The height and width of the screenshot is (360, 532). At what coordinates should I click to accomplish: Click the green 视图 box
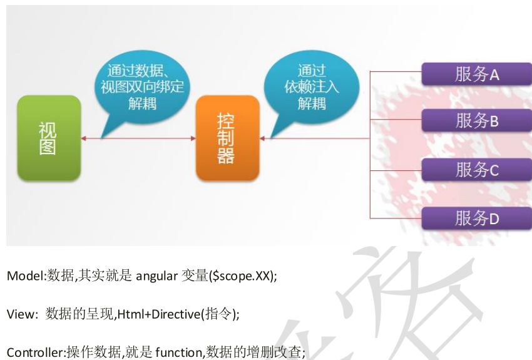(x=48, y=138)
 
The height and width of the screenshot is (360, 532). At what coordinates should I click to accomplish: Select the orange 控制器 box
(x=227, y=138)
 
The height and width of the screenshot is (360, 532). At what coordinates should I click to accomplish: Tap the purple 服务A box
(x=476, y=75)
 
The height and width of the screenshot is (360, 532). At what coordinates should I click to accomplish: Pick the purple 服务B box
(x=476, y=120)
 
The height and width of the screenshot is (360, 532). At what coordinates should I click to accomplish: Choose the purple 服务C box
(x=476, y=169)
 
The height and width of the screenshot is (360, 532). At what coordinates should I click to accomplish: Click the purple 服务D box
(x=476, y=218)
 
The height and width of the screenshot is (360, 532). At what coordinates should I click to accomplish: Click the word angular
(x=156, y=276)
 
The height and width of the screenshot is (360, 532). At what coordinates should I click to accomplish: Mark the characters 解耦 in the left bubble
(x=143, y=103)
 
